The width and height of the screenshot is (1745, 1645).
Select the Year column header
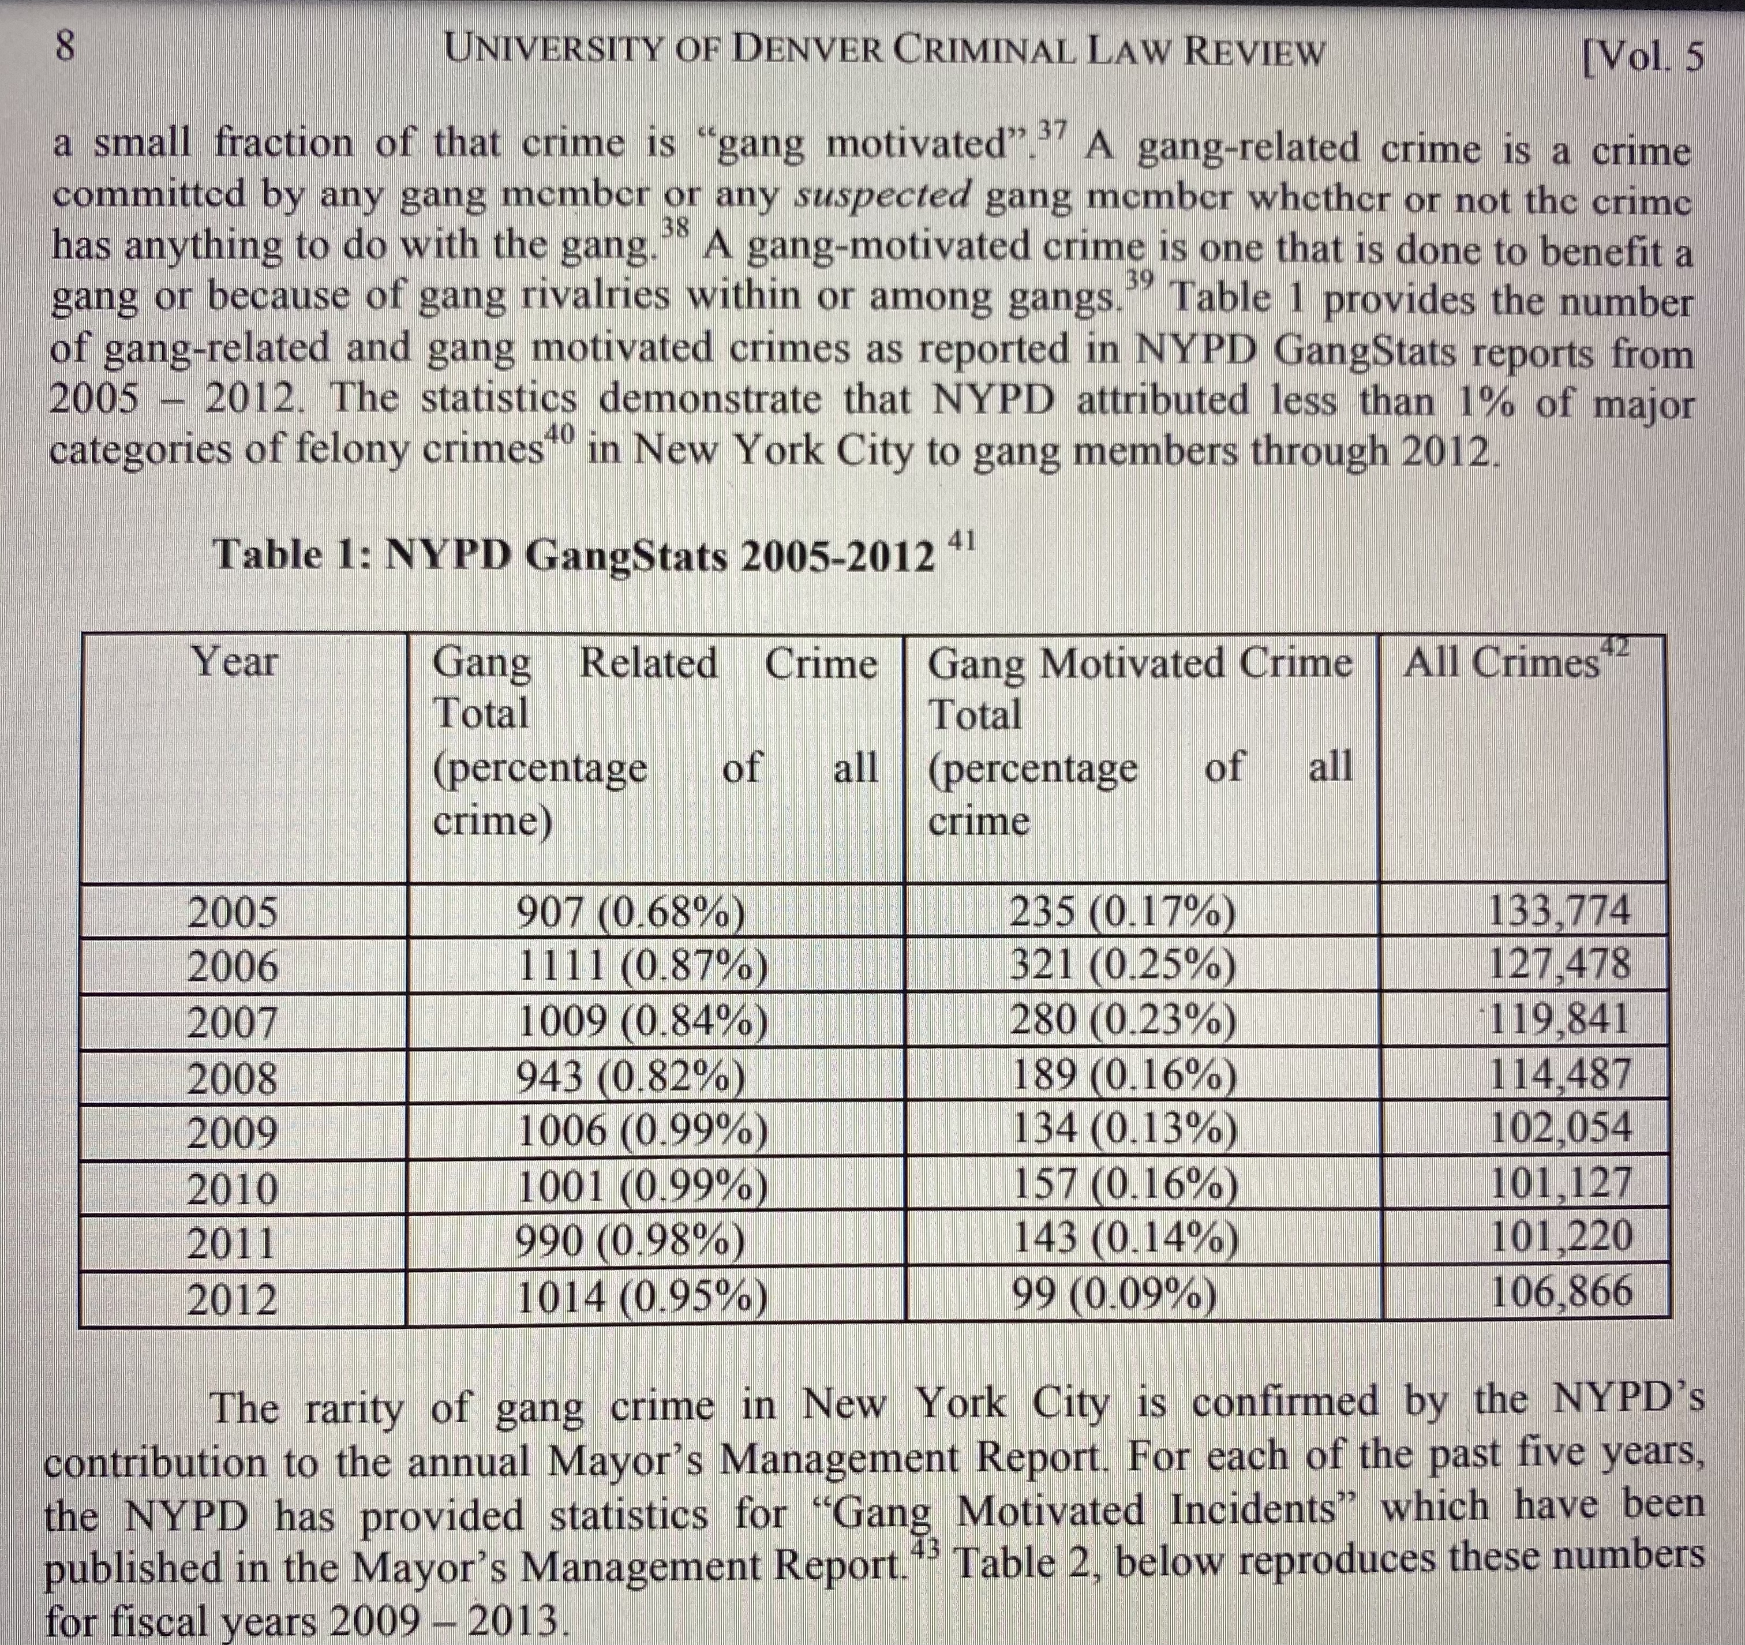(x=234, y=661)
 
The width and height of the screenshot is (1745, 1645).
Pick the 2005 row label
(x=233, y=913)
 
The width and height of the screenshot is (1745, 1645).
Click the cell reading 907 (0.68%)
(x=630, y=914)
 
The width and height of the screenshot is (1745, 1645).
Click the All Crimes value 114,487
(x=1561, y=1074)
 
